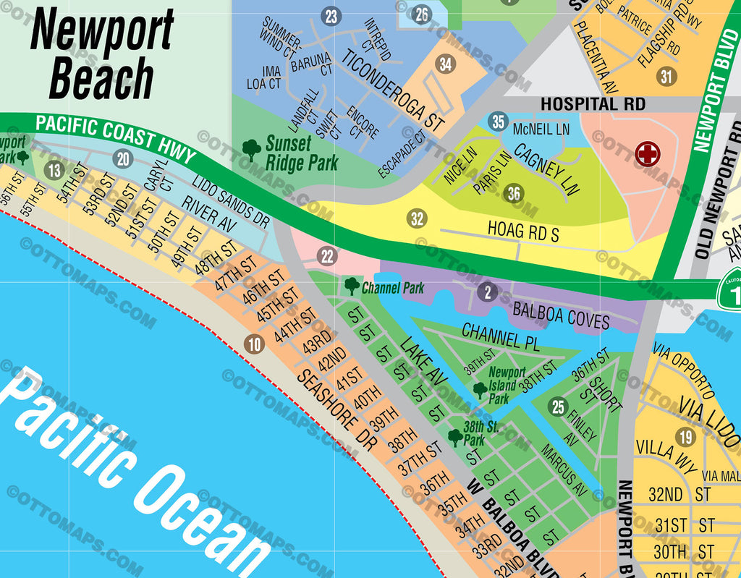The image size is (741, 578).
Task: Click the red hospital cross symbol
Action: [647, 153]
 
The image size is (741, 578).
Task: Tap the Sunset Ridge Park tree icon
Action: [252, 150]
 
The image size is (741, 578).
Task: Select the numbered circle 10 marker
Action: [254, 344]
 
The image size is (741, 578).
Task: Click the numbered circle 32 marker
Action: [417, 218]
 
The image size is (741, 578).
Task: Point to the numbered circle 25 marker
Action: [558, 407]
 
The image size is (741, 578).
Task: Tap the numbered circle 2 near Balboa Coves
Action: [488, 292]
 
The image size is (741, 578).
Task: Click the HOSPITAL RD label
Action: [593, 104]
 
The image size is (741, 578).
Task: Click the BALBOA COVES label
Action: [561, 315]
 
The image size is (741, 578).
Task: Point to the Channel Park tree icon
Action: [352, 286]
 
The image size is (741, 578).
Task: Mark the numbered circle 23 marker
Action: [331, 16]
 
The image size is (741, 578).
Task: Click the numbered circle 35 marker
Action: [497, 122]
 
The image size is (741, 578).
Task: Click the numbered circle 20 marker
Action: [123, 159]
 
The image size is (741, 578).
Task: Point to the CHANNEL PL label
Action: [500, 337]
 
